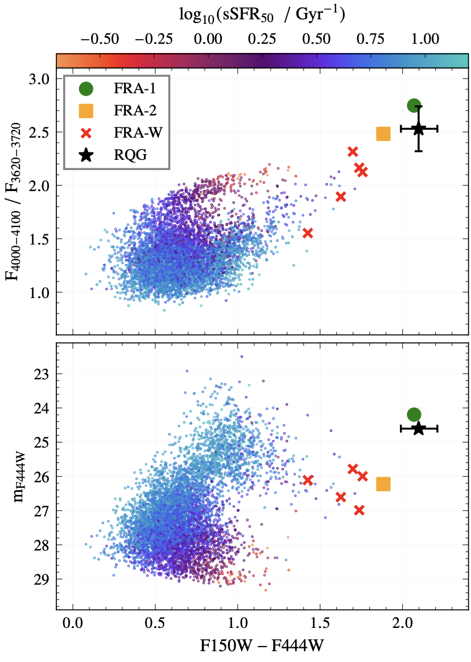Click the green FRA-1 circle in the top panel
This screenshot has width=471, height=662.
(x=414, y=105)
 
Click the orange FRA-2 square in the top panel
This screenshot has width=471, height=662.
(x=383, y=134)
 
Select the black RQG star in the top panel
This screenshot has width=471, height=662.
(x=419, y=129)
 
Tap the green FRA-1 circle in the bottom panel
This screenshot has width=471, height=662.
(x=414, y=415)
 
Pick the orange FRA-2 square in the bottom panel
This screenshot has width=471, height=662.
(x=383, y=484)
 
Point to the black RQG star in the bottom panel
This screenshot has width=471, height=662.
(x=419, y=429)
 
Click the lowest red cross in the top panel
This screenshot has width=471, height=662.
(x=308, y=233)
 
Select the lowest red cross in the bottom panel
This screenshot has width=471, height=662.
(x=359, y=510)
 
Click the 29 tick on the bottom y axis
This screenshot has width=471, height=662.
(x=44, y=579)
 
